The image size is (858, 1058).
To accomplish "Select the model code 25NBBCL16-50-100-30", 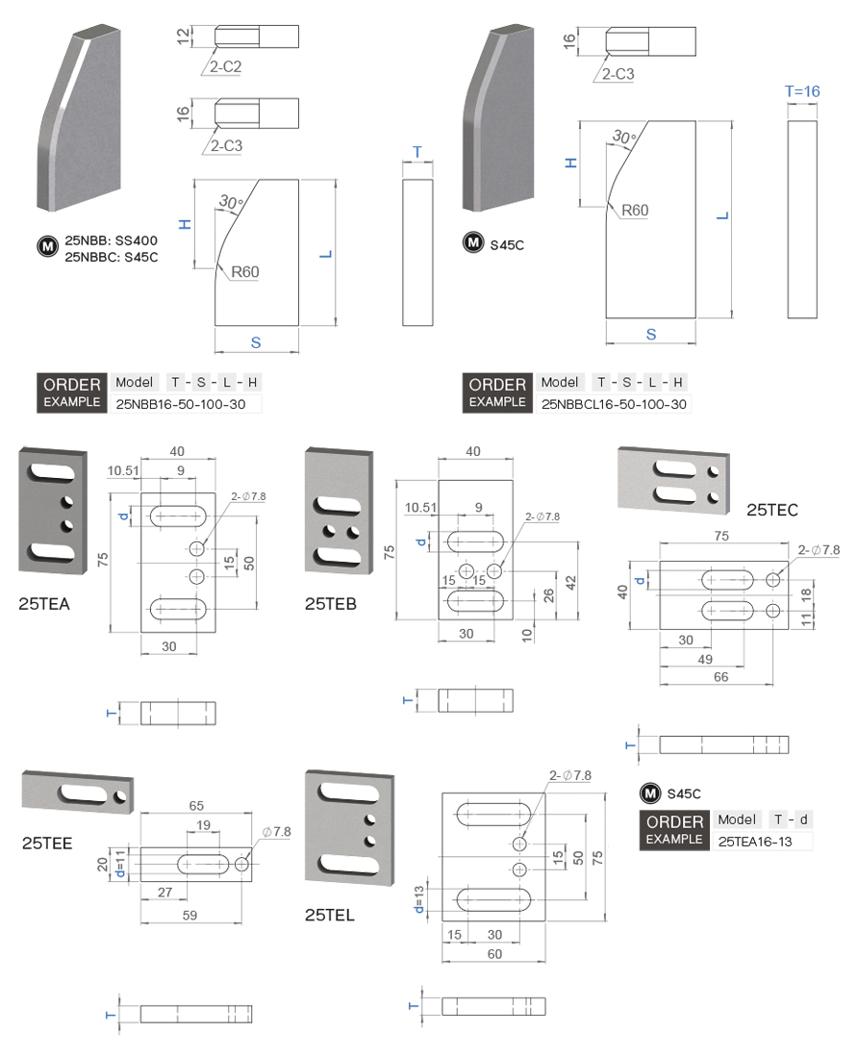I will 615,405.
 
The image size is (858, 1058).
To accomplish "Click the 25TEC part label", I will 772,510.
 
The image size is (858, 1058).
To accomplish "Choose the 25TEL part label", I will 330,915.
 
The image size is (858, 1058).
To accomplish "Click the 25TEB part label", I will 330,604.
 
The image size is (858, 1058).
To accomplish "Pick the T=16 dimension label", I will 802,91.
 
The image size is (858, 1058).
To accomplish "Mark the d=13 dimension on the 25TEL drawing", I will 420,899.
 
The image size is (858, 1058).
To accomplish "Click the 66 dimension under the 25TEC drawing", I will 720,677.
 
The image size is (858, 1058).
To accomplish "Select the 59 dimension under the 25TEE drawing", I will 189,916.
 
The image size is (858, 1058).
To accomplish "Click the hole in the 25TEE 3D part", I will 120,796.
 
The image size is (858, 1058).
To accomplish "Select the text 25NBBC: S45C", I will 111,257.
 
